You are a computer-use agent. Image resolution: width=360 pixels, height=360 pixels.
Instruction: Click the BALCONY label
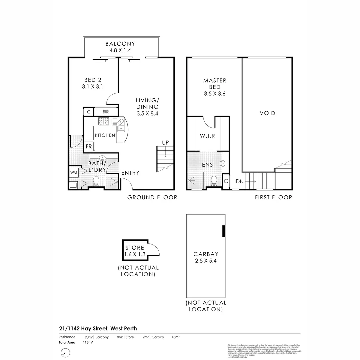click(120, 44)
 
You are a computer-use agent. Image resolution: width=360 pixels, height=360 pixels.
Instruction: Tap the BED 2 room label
click(93, 80)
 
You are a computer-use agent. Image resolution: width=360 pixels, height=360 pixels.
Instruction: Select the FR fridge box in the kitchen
click(89, 146)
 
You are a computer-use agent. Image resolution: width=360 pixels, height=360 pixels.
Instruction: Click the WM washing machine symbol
click(73, 173)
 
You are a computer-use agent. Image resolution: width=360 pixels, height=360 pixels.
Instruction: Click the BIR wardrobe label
click(106, 112)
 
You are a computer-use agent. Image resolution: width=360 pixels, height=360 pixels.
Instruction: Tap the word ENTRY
click(130, 173)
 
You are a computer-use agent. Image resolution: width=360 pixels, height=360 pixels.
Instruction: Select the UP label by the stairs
click(165, 143)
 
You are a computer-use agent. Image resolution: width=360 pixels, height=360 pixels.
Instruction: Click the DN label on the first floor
click(240, 182)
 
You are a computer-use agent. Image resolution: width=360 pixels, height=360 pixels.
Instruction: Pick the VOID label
click(268, 113)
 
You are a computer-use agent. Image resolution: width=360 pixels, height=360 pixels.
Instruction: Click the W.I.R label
click(207, 136)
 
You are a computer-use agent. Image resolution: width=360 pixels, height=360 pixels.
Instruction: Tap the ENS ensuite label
click(207, 165)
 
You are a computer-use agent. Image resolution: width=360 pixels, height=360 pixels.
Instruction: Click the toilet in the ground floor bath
click(96, 181)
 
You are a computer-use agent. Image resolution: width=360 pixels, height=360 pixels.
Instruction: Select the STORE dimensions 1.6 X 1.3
click(135, 254)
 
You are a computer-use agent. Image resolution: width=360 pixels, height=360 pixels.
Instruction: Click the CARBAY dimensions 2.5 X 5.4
click(205, 261)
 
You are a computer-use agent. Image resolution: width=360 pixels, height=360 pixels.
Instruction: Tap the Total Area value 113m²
click(88, 342)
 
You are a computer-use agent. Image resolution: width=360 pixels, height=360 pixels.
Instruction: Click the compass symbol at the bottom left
click(66, 352)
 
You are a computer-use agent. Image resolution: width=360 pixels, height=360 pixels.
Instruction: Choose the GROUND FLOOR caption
click(152, 197)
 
